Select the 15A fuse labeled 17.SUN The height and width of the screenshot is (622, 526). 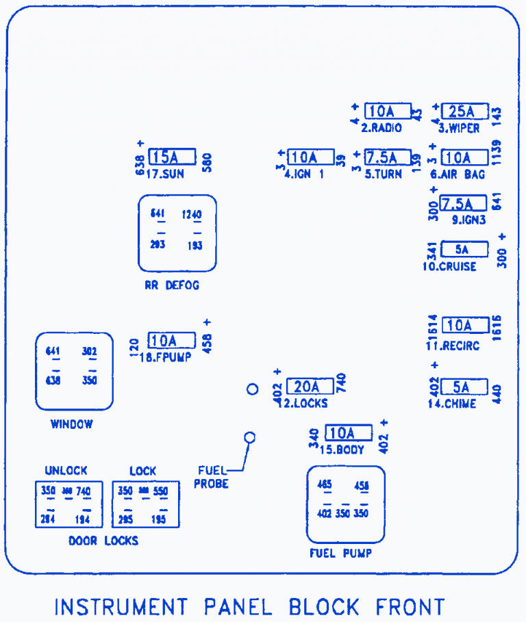tap(172, 157)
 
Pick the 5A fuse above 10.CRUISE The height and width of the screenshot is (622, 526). tap(464, 249)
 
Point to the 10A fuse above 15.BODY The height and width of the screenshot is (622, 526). tap(348, 433)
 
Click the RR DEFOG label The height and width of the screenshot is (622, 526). tap(171, 285)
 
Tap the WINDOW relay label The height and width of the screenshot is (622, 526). tap(71, 424)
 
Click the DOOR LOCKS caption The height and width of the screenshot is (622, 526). tap(103, 541)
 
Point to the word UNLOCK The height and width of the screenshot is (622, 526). tap(66, 471)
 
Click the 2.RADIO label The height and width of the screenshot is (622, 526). tap(381, 128)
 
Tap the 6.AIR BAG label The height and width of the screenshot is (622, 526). tap(458, 174)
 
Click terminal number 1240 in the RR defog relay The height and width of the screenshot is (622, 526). tap(192, 215)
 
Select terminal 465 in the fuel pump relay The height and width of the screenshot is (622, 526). tap(325, 485)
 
